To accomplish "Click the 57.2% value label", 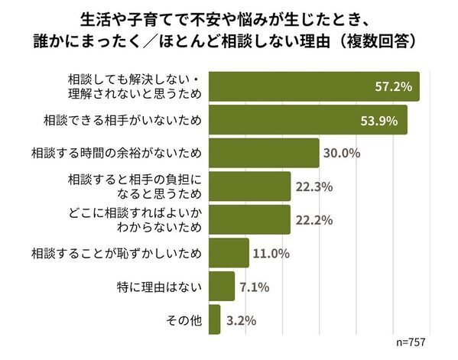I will (x=395, y=86).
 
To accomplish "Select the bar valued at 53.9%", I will (x=306, y=119).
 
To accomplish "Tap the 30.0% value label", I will (x=341, y=153).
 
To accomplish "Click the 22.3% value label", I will (x=313, y=186).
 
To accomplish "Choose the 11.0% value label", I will (x=272, y=253).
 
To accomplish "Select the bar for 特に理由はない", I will (x=221, y=286).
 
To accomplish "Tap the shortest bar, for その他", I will (x=214, y=319).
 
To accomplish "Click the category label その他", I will (x=185, y=319).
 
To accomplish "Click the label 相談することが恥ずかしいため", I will (x=115, y=253).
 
